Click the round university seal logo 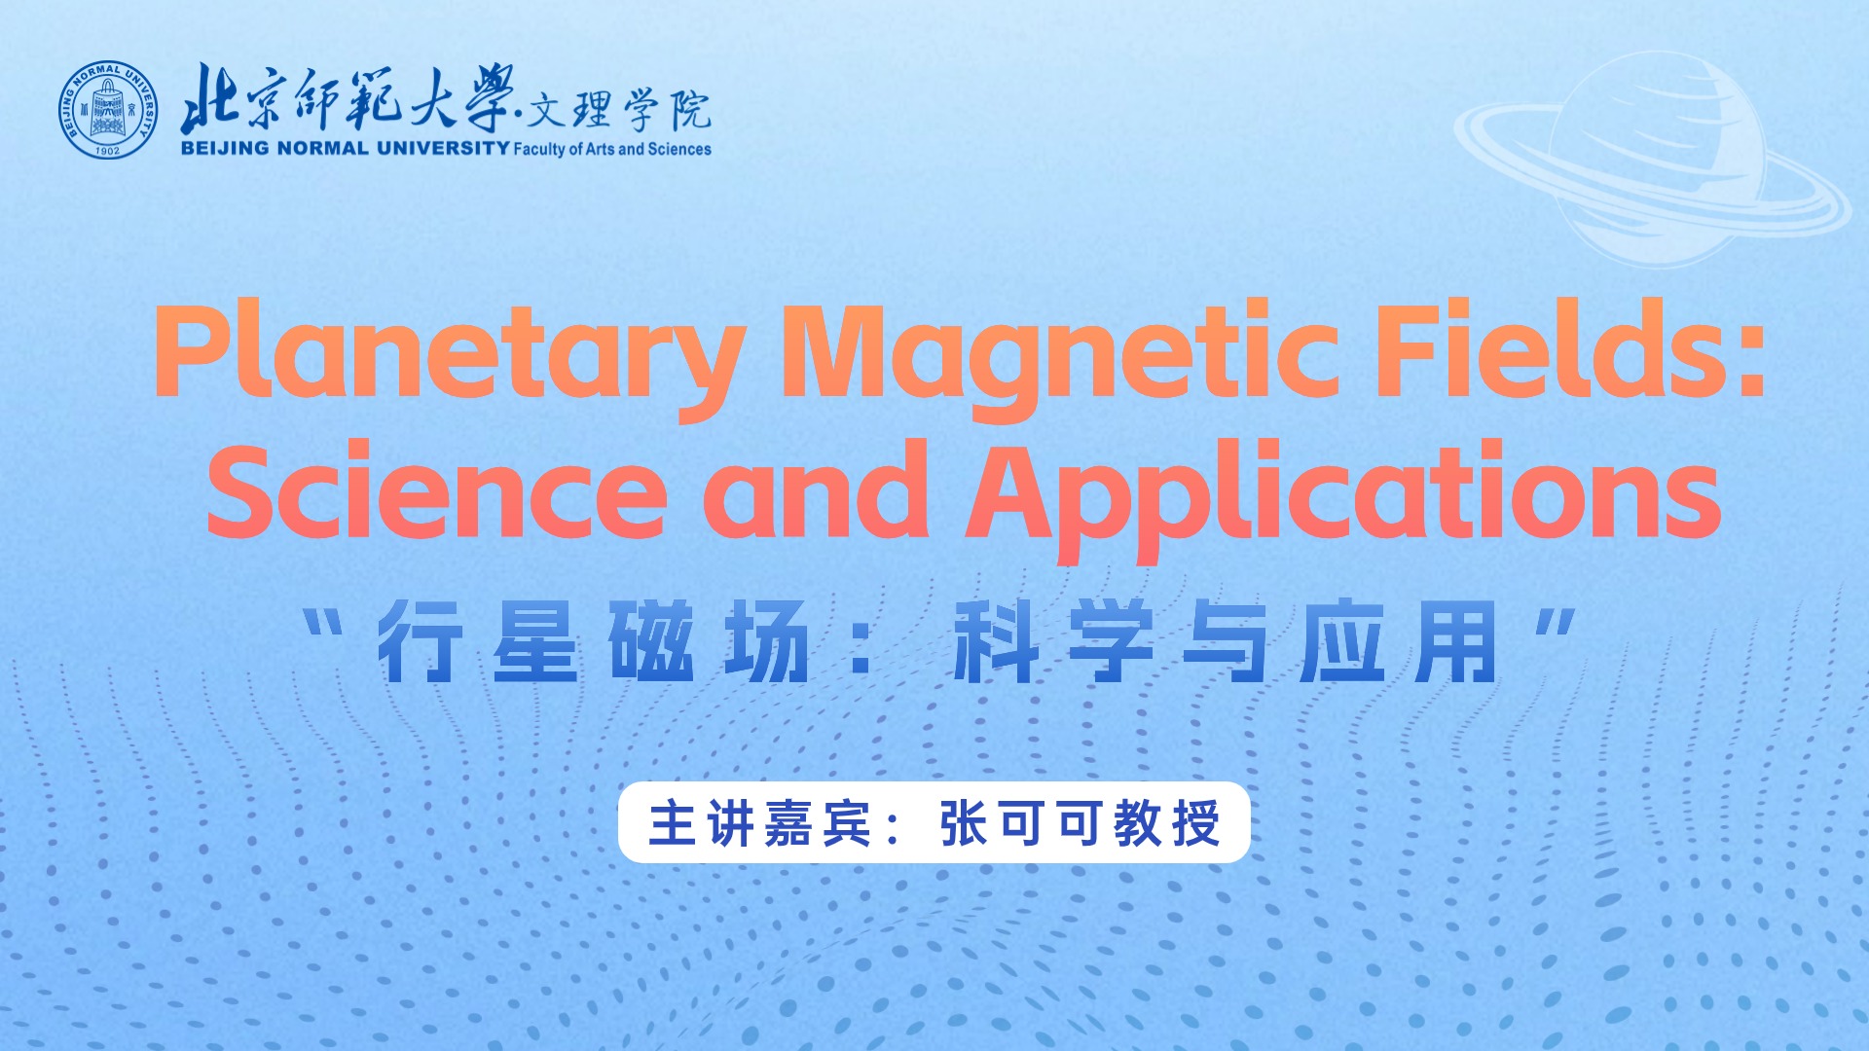click(107, 110)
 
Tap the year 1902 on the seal click(107, 150)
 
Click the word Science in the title click(437, 492)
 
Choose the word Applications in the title click(1343, 499)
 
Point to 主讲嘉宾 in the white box click(760, 823)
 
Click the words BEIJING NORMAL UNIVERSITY click(345, 148)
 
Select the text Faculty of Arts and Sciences click(612, 149)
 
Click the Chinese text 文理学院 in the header click(619, 110)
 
